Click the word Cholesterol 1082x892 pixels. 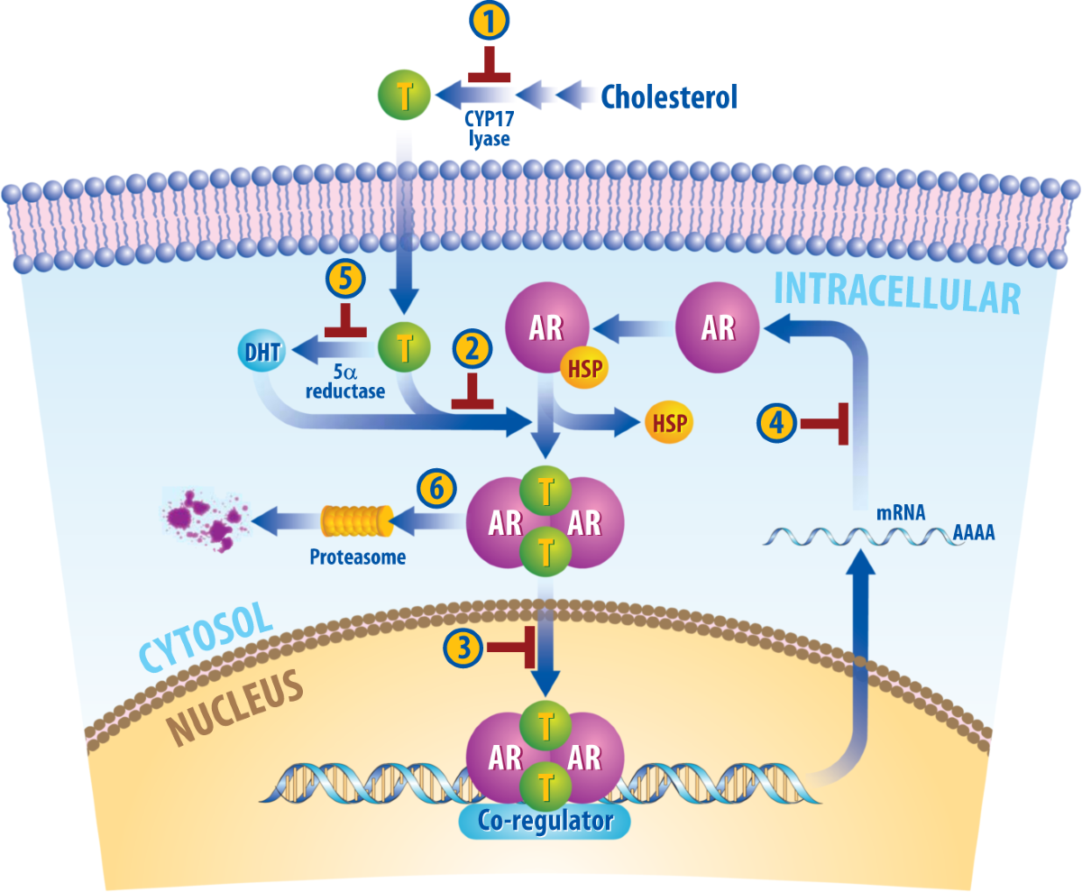coord(669,96)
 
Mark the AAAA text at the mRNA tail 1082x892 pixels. coord(973,534)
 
